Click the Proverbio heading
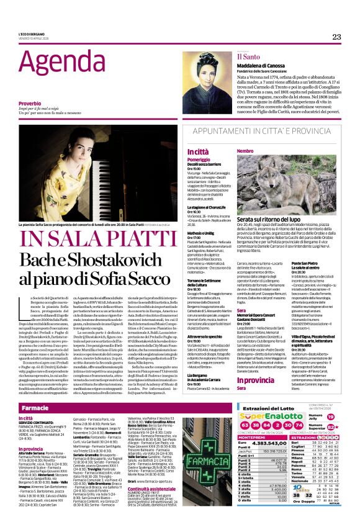31,103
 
